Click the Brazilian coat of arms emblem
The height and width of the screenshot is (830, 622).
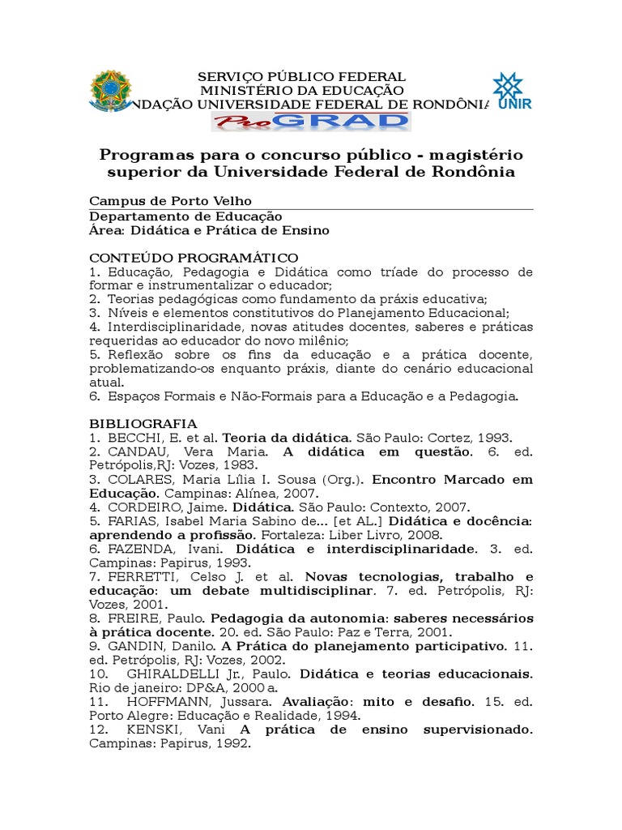tap(109, 91)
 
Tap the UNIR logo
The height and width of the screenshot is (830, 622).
tap(509, 91)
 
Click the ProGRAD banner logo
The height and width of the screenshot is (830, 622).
tap(311, 122)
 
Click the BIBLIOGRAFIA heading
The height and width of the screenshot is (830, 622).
tap(143, 423)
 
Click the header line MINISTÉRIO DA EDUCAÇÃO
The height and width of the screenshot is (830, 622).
tap(302, 90)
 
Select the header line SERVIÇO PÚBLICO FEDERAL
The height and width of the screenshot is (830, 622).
tap(302, 77)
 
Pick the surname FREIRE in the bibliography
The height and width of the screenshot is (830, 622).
tap(130, 618)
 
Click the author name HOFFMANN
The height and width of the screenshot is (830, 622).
tap(165, 701)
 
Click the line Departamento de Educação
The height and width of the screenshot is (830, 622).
tap(185, 216)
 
